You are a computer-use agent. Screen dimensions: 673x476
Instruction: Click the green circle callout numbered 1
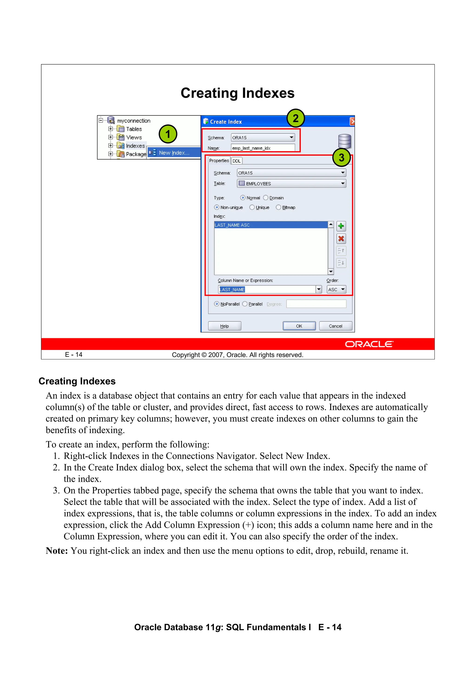(168, 134)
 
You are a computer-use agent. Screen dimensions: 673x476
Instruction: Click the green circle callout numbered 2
(295, 118)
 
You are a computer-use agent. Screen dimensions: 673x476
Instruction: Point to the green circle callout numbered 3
(341, 158)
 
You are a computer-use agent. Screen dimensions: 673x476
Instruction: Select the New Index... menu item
(174, 153)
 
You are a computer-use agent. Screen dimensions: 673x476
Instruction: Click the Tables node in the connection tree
(134, 129)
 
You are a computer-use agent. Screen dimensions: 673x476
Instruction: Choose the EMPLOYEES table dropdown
(291, 184)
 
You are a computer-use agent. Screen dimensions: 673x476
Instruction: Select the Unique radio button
(252, 207)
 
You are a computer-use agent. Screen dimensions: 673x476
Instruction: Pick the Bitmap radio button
(278, 207)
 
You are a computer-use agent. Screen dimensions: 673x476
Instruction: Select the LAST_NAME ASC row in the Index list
(270, 225)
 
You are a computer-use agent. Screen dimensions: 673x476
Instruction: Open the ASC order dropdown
(336, 289)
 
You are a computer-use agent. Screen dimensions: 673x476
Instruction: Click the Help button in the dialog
(224, 326)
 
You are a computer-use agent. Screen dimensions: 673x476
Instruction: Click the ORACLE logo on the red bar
(369, 344)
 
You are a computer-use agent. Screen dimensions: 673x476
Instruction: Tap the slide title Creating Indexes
(237, 93)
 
